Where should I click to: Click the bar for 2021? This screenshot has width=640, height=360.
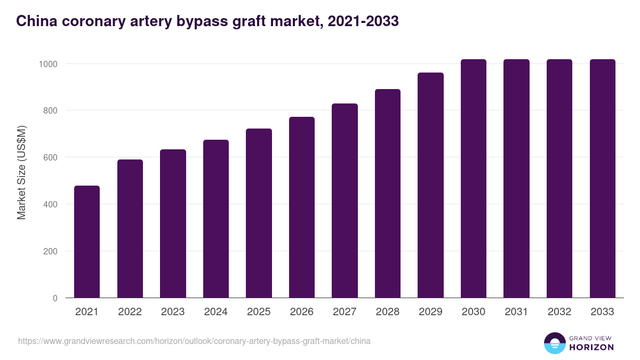87,242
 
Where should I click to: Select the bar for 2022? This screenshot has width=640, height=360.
130,229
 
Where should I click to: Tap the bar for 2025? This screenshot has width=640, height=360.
259,213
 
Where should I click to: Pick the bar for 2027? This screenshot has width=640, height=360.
345,201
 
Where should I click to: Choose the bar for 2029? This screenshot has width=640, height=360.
430,185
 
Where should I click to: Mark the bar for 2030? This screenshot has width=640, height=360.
474,179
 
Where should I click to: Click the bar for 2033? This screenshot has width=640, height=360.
603,179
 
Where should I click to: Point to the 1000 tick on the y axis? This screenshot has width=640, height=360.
47,64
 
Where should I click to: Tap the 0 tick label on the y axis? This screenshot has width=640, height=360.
55,298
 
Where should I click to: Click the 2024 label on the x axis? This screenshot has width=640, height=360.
216,312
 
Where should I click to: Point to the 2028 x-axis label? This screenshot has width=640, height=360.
388,312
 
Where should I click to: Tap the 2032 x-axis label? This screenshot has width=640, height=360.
559,312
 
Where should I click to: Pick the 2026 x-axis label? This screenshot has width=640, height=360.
302,312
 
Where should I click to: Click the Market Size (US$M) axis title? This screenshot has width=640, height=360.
21,172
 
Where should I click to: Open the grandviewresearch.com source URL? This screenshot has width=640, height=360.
194,341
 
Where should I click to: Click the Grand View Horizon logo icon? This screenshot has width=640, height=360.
554,343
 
